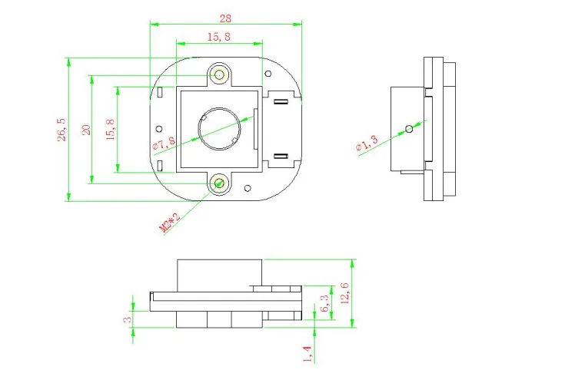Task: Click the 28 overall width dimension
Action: click(225, 18)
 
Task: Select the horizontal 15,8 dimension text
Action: click(219, 37)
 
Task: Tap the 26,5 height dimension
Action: click(61, 130)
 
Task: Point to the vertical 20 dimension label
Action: click(86, 130)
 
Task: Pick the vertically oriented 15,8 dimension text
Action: click(110, 130)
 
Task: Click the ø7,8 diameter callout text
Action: click(164, 144)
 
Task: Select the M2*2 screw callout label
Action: click(169, 223)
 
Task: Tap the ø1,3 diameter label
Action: click(367, 143)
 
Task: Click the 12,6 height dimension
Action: click(345, 293)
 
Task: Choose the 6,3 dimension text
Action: click(324, 303)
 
